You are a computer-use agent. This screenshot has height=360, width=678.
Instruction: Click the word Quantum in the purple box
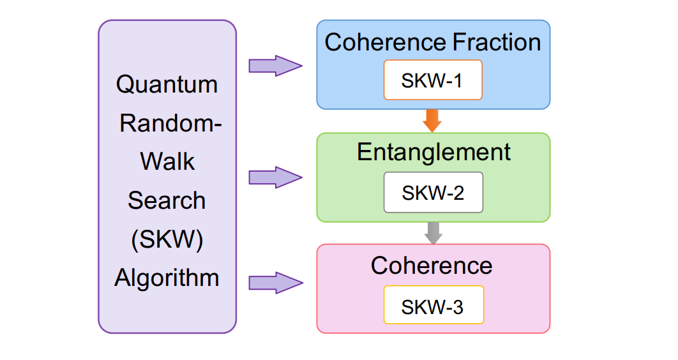click(167, 84)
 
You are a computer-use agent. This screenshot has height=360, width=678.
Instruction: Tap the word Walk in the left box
click(167, 161)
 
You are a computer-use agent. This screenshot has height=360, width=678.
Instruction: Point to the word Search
click(167, 200)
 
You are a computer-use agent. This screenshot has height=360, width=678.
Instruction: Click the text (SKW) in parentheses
click(167, 239)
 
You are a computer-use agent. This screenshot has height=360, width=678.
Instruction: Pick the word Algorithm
click(167, 278)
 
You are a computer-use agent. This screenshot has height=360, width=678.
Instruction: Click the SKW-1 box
click(432, 81)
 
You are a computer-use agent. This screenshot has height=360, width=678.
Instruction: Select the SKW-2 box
click(433, 193)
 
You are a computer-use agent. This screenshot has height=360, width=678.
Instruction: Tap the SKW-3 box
click(433, 306)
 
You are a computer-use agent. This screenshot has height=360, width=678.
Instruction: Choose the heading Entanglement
click(433, 153)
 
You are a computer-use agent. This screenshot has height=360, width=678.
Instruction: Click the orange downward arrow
click(432, 120)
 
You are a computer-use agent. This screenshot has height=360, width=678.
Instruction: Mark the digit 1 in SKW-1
click(456, 82)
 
